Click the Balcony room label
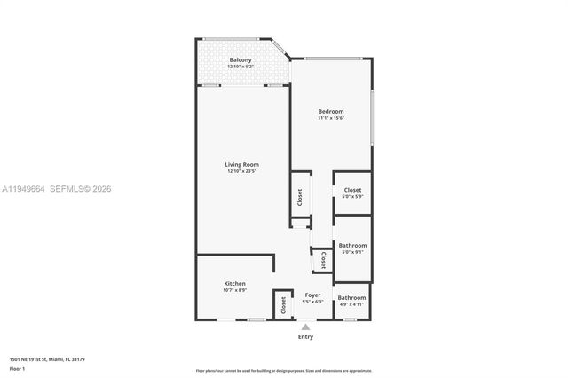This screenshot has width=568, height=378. (241, 59)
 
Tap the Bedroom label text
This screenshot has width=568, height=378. (331, 111)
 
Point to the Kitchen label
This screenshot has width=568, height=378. (234, 284)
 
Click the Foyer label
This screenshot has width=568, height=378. (312, 295)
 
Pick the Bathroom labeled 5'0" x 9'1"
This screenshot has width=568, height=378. (352, 245)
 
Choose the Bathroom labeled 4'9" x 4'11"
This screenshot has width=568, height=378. (351, 297)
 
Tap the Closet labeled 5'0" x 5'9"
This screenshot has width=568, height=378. (352, 189)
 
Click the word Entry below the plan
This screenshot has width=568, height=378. (305, 336)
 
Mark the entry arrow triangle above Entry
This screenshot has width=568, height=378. (305, 327)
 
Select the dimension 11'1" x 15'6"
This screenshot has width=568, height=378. (331, 118)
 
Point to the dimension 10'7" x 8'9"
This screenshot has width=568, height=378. (234, 290)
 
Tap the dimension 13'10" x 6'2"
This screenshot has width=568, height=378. (241, 67)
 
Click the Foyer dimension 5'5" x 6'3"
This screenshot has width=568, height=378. (312, 302)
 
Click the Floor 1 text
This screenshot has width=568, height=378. (17, 368)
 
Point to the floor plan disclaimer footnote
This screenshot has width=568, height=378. (283, 370)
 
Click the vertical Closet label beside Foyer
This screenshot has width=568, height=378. (283, 306)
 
